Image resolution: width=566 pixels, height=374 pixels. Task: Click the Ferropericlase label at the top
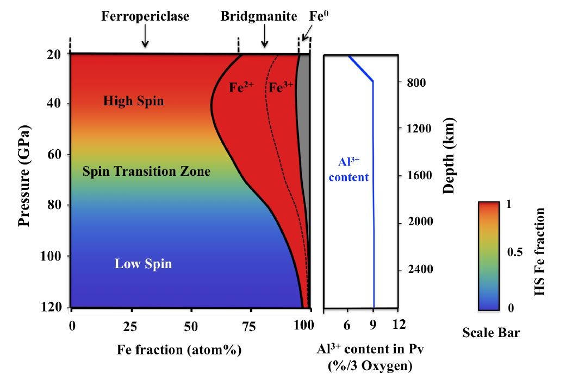tap(145, 17)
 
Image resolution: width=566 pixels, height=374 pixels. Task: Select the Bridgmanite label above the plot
tap(259, 17)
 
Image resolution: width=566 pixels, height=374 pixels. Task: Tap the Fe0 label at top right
tap(319, 16)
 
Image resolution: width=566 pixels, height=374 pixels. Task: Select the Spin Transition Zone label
tap(146, 172)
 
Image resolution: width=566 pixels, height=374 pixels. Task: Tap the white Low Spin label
tap(143, 264)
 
